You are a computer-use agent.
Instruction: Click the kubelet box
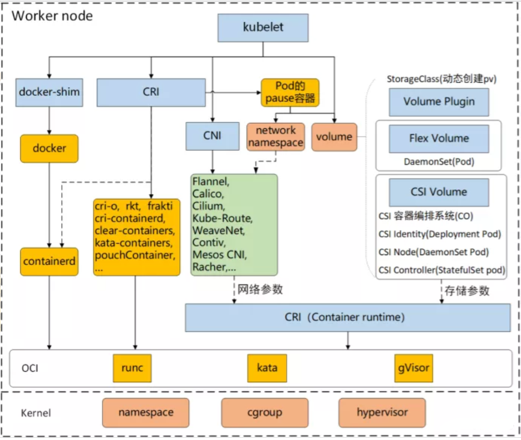point(263,28)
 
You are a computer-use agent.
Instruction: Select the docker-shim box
point(50,92)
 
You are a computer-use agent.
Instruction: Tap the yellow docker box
point(50,148)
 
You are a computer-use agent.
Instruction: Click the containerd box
point(50,261)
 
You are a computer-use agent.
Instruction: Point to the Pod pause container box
point(290,92)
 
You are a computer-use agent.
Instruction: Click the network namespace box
point(276,137)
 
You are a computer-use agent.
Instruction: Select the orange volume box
point(334,137)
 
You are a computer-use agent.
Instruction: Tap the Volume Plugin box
point(439,102)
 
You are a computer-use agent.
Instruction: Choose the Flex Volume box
point(439,138)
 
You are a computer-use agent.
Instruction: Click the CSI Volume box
point(439,192)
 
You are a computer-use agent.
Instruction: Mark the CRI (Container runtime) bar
point(348,317)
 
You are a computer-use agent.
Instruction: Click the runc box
point(132,368)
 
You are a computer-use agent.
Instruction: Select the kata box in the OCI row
point(267,368)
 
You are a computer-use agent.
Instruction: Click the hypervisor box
point(382,413)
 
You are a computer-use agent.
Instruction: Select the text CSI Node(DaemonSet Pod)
point(434,252)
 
